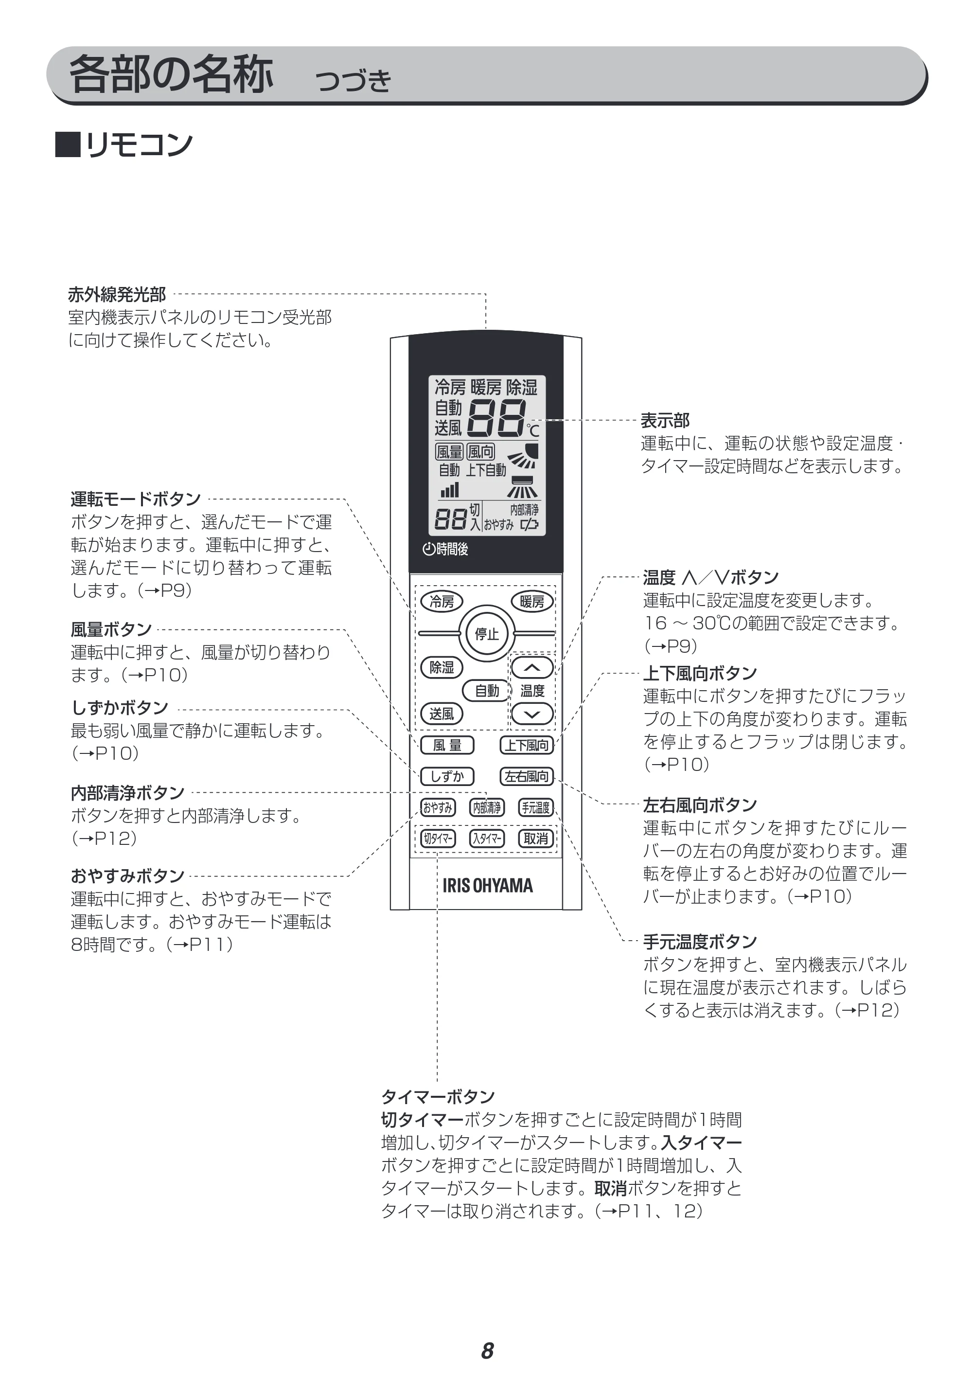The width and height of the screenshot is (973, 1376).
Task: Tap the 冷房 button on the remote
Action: click(x=442, y=601)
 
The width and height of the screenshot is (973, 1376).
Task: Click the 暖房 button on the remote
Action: click(x=531, y=601)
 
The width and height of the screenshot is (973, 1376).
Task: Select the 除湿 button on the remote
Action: click(x=442, y=667)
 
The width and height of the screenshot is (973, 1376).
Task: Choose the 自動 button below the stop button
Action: click(x=486, y=690)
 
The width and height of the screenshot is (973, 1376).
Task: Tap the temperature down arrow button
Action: click(x=532, y=714)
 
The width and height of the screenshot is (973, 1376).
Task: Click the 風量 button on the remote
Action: click(x=447, y=745)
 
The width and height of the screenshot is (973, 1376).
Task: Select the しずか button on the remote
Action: click(x=447, y=776)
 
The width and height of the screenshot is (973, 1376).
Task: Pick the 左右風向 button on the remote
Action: click(x=527, y=776)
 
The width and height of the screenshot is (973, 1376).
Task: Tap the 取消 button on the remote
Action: click(x=536, y=839)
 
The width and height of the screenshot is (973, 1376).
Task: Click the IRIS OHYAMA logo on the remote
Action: click(x=487, y=886)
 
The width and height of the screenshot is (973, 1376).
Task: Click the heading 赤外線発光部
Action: click(x=117, y=294)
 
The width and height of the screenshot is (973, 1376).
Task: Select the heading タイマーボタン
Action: click(x=438, y=1097)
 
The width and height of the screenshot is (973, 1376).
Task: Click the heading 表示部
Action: click(x=665, y=420)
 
